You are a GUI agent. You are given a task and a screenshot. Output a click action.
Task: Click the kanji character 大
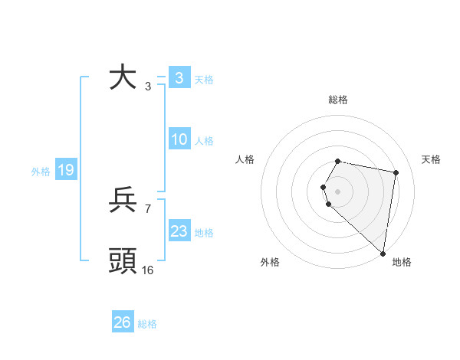[x=123, y=78]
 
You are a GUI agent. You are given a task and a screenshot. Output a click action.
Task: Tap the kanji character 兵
[x=123, y=201]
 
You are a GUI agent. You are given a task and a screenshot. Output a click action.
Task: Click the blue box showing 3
[x=179, y=78]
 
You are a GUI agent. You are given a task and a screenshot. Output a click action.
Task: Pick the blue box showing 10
[x=179, y=139]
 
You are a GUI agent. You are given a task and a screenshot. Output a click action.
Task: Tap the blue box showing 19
[x=65, y=170]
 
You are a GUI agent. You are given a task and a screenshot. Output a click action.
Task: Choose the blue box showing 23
[x=179, y=231]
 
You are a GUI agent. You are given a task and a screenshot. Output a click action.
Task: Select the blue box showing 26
[x=123, y=322]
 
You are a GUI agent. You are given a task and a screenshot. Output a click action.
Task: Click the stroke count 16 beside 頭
[x=147, y=270]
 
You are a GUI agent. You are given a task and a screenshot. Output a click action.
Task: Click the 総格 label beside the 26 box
[x=147, y=324]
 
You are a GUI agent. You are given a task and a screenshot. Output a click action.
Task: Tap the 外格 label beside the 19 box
[x=41, y=172]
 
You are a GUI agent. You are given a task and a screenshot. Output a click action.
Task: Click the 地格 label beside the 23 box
[x=204, y=233]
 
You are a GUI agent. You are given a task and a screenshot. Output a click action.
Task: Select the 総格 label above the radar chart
[x=338, y=100]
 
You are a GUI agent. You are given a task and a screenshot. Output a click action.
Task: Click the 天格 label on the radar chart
[x=431, y=159]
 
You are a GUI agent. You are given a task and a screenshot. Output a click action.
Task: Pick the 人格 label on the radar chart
[x=245, y=159]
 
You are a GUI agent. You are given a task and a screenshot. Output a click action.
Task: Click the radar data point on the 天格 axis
[x=396, y=172]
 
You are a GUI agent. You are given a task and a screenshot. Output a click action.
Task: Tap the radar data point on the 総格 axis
[x=338, y=161]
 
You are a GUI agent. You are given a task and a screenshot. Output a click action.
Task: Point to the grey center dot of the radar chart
[x=338, y=191]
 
